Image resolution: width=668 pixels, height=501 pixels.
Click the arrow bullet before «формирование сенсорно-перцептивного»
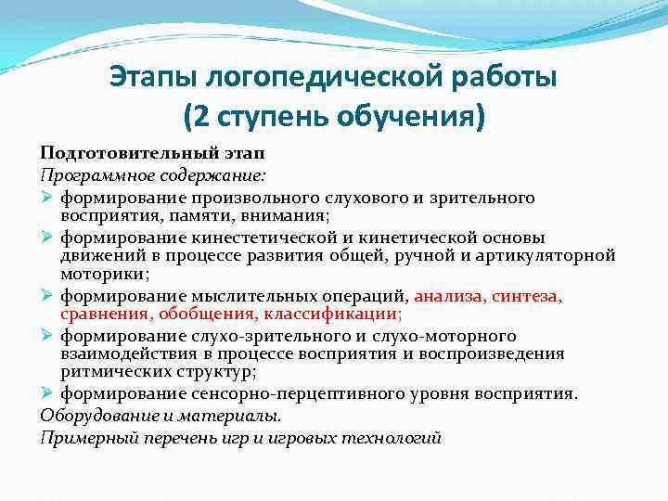(48, 393)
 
